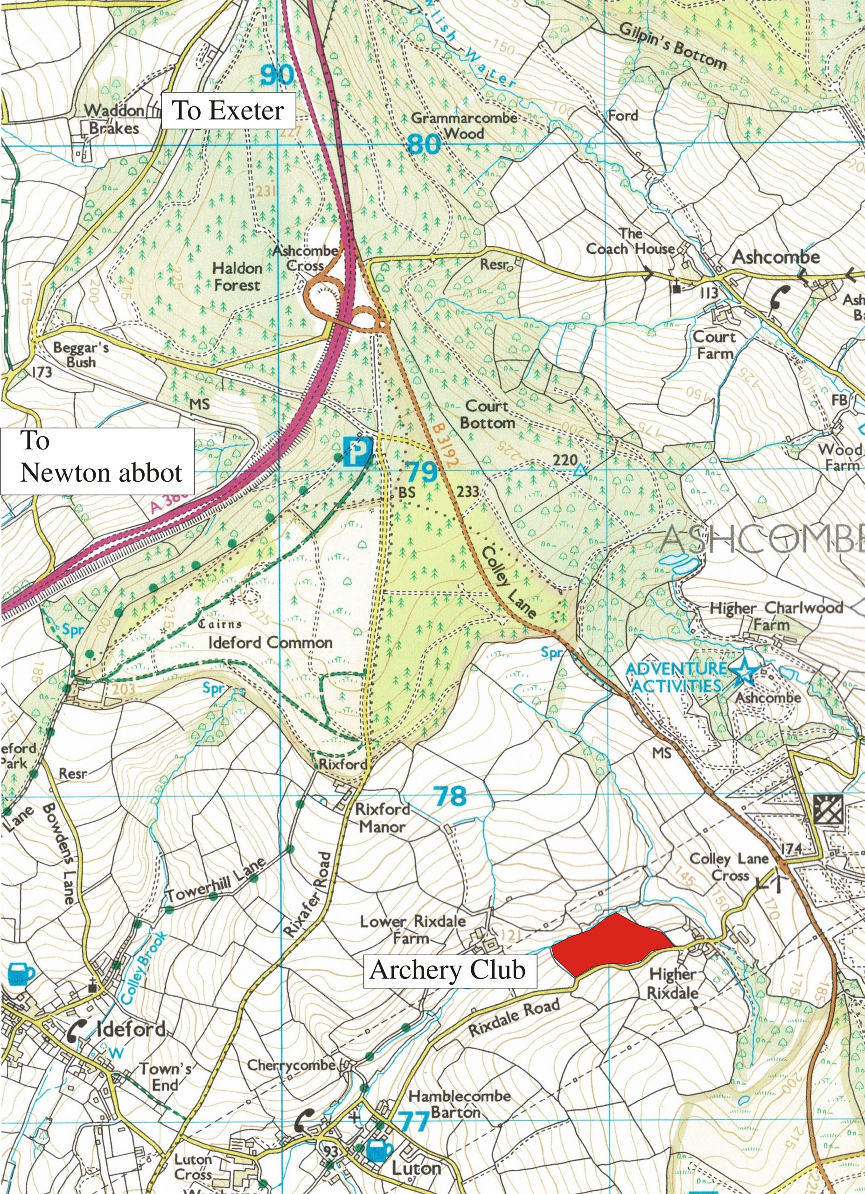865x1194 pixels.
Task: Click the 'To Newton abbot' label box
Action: tap(98, 461)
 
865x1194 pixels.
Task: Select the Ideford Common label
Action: tap(271, 643)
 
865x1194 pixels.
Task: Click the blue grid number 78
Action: tap(451, 797)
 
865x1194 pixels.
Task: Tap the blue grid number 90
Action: tap(277, 75)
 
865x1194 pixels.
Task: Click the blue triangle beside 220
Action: tap(579, 471)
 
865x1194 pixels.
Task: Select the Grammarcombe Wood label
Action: tap(464, 125)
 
